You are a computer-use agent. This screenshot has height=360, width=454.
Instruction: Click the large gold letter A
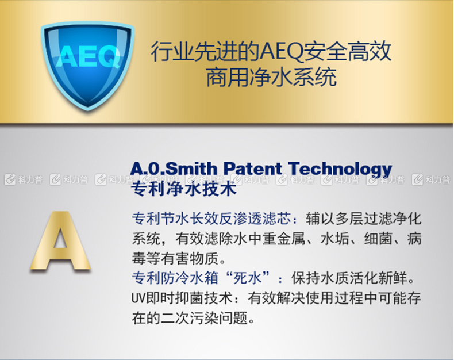[x=60, y=241]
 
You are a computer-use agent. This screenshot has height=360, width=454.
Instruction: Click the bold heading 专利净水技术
[x=184, y=190]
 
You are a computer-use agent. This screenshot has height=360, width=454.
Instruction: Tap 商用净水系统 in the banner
[x=271, y=77]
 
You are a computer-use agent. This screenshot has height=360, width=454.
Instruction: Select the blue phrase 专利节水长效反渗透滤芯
[x=211, y=219]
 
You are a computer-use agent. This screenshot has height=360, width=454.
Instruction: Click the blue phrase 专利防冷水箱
[x=175, y=278]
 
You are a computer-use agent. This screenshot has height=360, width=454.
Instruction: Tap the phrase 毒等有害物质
[x=175, y=259]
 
